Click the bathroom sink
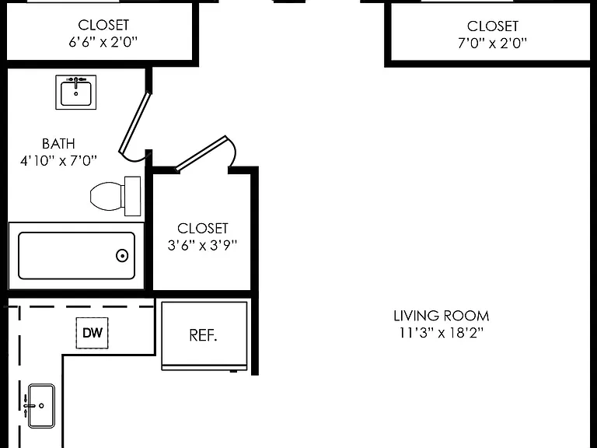(75, 93)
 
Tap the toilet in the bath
(115, 196)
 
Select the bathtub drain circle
(122, 256)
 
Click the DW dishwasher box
(93, 333)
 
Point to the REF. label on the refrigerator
(204, 335)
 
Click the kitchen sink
(40, 406)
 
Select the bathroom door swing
(134, 127)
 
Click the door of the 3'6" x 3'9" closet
(205, 153)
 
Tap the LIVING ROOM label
(442, 316)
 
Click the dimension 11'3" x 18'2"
(442, 333)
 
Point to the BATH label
(58, 144)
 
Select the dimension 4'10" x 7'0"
(58, 161)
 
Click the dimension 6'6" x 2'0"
(103, 41)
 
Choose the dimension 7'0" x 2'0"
(492, 43)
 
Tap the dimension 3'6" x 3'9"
(202, 245)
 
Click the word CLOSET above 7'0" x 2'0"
(492, 26)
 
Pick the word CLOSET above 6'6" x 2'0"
(103, 25)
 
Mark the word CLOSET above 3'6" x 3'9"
(203, 228)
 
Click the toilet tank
(132, 196)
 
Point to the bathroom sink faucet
(75, 81)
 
